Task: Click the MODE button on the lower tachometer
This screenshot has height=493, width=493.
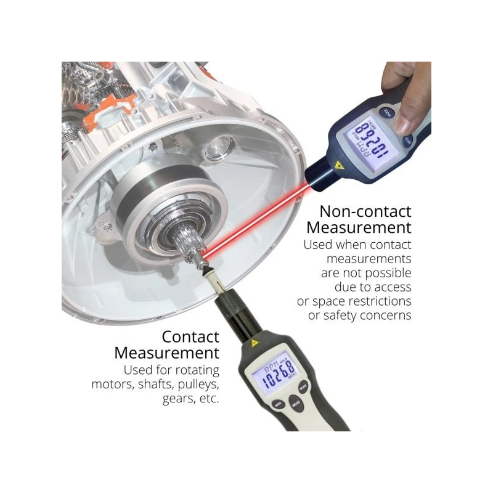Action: [303, 387]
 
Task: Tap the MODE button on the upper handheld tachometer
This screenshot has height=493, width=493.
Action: [386, 112]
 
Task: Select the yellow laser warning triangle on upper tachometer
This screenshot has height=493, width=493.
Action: [338, 165]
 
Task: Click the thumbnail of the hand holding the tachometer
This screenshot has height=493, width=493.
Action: [407, 92]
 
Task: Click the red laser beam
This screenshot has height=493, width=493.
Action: [259, 222]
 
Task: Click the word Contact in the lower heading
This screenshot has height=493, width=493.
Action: [190, 336]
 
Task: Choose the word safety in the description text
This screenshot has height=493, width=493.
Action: [354, 315]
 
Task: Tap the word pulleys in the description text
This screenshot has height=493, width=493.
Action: [197, 384]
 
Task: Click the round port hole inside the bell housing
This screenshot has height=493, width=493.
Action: [220, 148]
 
